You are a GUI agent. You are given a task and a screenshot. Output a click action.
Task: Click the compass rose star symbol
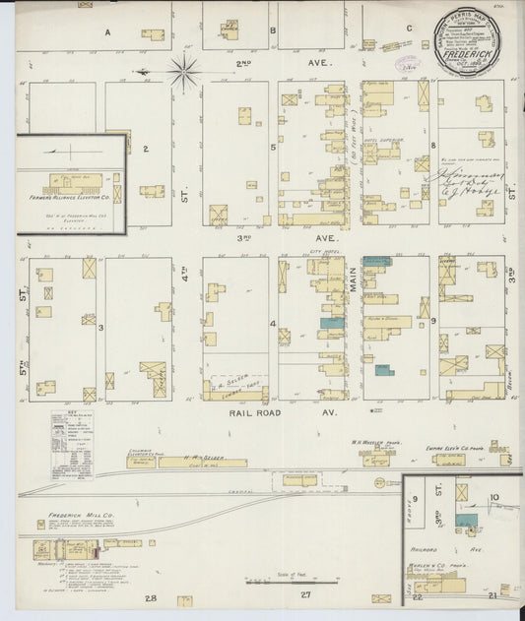coord(184,72)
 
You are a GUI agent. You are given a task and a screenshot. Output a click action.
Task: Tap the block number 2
coord(144,150)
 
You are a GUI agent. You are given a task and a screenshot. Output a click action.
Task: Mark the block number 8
coord(433,146)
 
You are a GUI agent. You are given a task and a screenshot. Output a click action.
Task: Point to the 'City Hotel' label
coord(324,253)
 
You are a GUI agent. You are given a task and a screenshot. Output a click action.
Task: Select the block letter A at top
coord(107,31)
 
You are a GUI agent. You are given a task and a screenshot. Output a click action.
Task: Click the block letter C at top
coord(408,29)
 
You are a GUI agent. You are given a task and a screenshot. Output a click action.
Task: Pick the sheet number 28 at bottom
coord(152,597)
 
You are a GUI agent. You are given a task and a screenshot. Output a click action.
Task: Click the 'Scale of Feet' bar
coord(291,580)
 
